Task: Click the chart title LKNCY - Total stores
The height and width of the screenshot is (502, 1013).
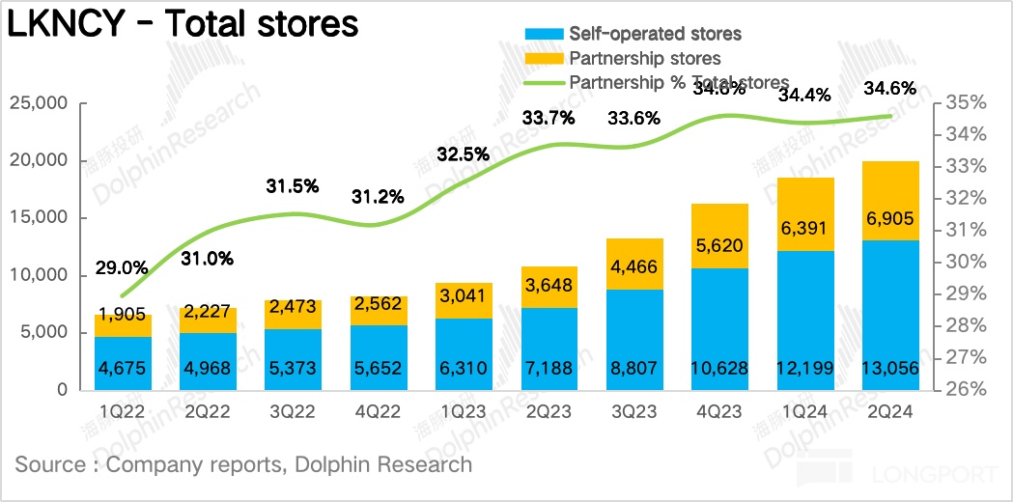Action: point(183,25)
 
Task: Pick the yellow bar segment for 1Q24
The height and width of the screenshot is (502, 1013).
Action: point(806,214)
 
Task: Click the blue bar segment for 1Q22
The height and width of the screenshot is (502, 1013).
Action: point(123,363)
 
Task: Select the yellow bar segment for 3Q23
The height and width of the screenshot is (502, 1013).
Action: point(634,264)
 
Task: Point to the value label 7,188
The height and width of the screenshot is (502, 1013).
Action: point(550,368)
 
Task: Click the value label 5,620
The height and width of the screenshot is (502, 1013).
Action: point(720,248)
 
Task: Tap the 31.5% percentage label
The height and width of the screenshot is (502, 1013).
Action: point(293,187)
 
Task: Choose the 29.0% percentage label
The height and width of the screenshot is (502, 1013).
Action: point(122,266)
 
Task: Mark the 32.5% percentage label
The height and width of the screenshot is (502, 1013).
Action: point(464,153)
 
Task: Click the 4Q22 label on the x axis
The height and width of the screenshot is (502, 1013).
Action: point(379,412)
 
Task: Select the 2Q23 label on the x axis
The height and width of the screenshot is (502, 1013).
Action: point(550,412)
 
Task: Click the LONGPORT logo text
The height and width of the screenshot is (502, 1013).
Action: point(933,475)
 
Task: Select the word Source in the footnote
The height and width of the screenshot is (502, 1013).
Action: point(51,464)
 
